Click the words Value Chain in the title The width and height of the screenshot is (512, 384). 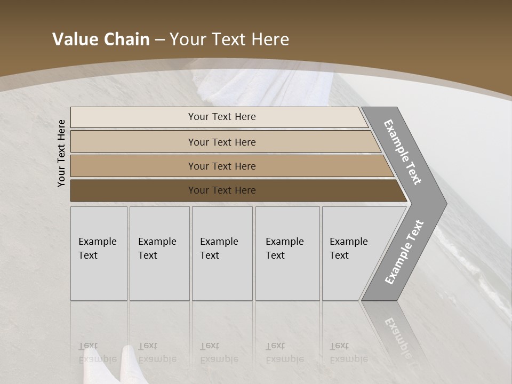[101, 39]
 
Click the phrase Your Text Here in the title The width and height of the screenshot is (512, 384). [229, 39]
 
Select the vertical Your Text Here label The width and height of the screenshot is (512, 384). [61, 153]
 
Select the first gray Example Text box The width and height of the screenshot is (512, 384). [99, 253]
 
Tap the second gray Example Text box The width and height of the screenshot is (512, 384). [159, 253]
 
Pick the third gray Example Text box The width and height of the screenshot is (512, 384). [222, 253]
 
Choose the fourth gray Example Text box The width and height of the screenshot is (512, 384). [287, 253]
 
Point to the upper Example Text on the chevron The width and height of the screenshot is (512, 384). [403, 152]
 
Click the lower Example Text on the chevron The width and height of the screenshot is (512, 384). [404, 252]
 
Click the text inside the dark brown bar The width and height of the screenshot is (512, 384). [222, 190]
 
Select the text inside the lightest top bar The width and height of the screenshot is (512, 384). [222, 117]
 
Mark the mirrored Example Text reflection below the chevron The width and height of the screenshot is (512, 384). [397, 333]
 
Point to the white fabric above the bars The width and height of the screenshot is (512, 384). [267, 85]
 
